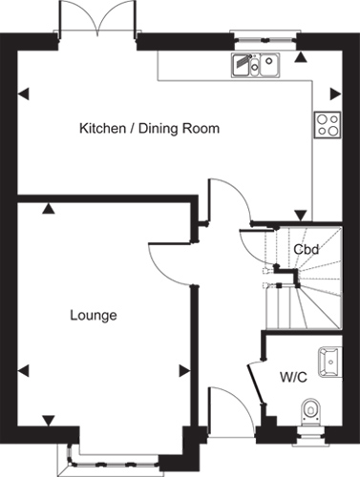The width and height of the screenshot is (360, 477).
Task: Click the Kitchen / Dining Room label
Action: pos(149,129)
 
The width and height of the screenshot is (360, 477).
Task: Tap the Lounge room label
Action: pos(94,316)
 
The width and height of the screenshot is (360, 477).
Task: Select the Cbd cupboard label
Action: pos(306,249)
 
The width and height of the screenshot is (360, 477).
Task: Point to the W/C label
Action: pos(293,377)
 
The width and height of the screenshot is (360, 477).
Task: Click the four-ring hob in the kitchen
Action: pos(328,125)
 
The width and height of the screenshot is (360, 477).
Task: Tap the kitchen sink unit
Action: pos(256,65)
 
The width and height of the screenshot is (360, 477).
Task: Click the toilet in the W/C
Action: pos(310,412)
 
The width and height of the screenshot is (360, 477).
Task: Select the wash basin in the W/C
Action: pos(330,362)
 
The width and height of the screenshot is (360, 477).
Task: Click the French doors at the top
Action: pos(97,16)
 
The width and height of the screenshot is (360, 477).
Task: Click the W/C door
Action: pos(256,383)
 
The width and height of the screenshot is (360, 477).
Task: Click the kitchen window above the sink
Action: pos(265,40)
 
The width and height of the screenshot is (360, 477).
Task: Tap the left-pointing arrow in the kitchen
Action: pos(24,94)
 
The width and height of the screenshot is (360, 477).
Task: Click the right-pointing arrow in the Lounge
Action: pos(185,371)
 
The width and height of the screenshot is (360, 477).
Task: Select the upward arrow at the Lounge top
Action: pos(49,208)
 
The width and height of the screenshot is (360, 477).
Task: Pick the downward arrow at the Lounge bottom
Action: pos(49,421)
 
